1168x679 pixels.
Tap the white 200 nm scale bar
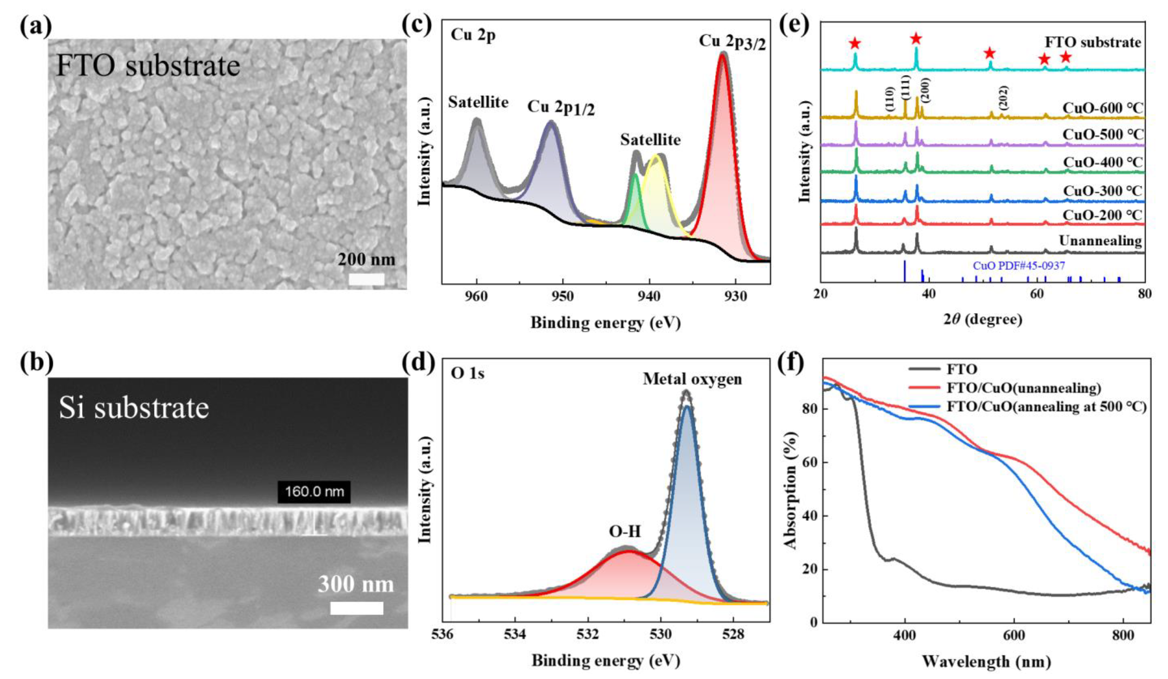[x=366, y=279]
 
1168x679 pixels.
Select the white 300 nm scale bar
[x=356, y=608]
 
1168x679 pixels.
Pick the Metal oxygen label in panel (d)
[x=692, y=379]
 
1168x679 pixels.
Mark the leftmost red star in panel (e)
[x=855, y=44]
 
